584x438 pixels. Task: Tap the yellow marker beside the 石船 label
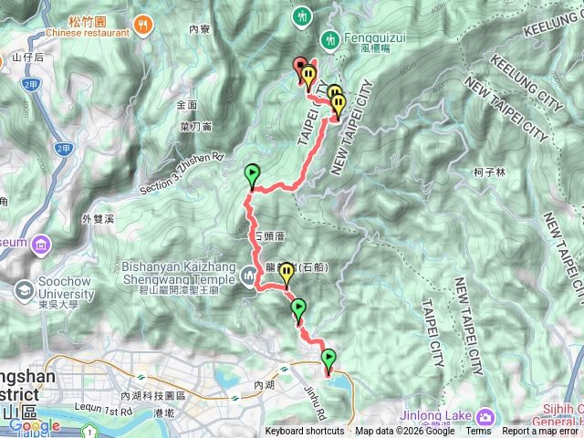point(286,271)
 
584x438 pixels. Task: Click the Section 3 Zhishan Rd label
point(182,173)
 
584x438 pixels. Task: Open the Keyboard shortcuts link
point(305,432)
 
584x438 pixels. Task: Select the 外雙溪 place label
point(98,219)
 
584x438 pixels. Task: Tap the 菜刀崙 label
point(195,127)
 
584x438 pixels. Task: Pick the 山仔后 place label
point(27,57)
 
